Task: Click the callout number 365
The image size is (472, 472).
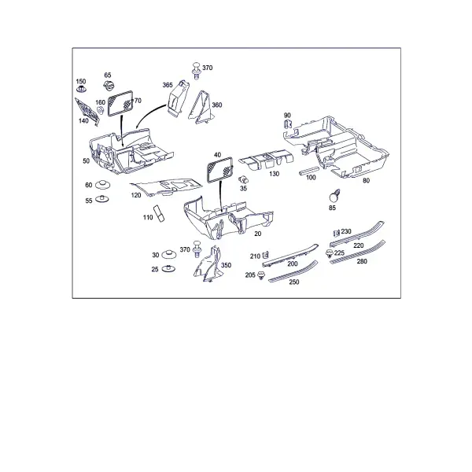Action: [x=168, y=85]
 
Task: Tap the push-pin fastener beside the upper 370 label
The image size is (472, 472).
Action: [x=197, y=71]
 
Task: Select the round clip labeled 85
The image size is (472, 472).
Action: [x=334, y=196]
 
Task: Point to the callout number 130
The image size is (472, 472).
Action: [x=274, y=174]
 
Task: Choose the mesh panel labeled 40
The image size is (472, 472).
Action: [x=219, y=170]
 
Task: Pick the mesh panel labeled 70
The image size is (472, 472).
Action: [x=120, y=103]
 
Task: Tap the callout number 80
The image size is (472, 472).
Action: [x=366, y=181]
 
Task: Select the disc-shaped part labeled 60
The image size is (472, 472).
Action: [x=102, y=185]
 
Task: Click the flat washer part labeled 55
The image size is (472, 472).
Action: [x=102, y=199]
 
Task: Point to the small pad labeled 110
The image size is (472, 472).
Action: [x=159, y=214]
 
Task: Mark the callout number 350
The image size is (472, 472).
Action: [x=226, y=265]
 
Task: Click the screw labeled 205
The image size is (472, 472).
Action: [x=261, y=275]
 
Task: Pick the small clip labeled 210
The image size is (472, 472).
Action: [x=265, y=255]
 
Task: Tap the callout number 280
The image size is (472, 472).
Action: [x=362, y=261]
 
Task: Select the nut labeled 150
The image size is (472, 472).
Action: [x=81, y=89]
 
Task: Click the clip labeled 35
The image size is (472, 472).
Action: [x=243, y=179]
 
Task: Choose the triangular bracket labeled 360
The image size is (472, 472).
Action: [x=201, y=108]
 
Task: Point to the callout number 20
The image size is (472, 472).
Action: [x=258, y=234]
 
